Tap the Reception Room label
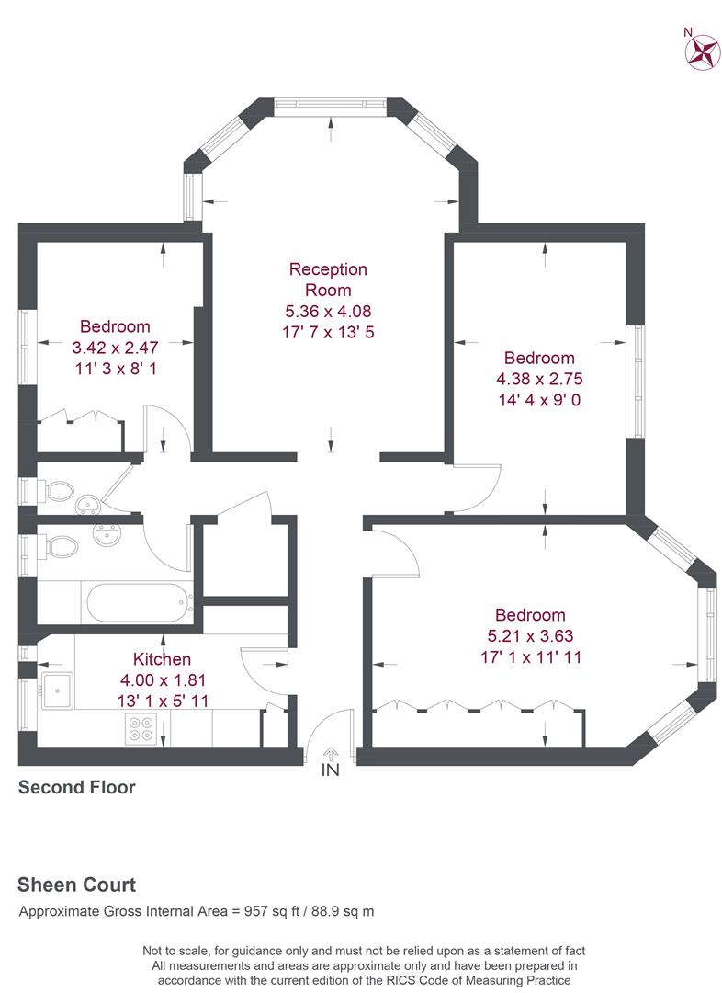click(x=328, y=280)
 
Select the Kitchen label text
click(x=162, y=659)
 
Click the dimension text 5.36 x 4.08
click(x=328, y=311)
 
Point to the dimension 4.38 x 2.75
click(x=540, y=379)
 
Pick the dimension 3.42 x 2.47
click(x=115, y=347)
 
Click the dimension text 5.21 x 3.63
click(x=530, y=636)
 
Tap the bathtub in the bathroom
click(x=140, y=603)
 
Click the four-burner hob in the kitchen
click(x=141, y=728)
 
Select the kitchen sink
click(x=57, y=691)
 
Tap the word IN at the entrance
click(x=331, y=770)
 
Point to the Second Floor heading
click(x=77, y=787)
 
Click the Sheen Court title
click(x=76, y=885)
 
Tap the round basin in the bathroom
click(x=107, y=535)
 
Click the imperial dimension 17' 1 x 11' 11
click(x=531, y=656)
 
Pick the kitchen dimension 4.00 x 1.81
click(x=163, y=680)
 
